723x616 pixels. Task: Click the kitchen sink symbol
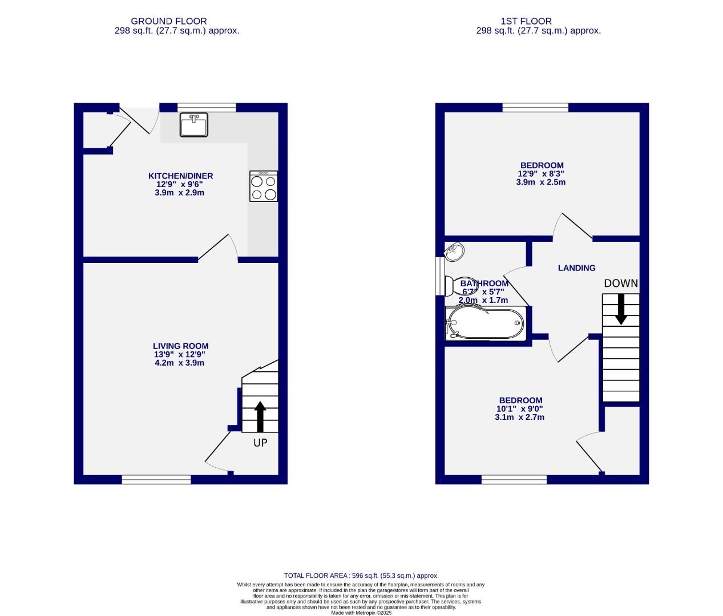(194, 125)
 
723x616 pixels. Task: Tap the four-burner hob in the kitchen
(264, 187)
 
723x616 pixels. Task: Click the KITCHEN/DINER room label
(180, 176)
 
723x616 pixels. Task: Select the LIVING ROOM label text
(180, 346)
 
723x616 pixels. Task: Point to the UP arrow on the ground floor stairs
(260, 416)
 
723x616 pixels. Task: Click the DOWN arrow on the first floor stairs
(621, 309)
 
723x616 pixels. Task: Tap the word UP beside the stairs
(260, 443)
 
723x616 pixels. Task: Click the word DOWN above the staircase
(621, 283)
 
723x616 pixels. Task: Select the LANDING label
(576, 268)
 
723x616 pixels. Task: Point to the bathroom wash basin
(455, 252)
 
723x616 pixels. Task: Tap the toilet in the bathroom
(454, 285)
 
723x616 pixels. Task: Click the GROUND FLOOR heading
(169, 21)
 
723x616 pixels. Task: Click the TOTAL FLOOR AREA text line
(361, 576)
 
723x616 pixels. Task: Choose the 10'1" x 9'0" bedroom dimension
(519, 408)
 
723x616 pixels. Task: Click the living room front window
(156, 480)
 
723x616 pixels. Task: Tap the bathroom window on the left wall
(440, 277)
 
